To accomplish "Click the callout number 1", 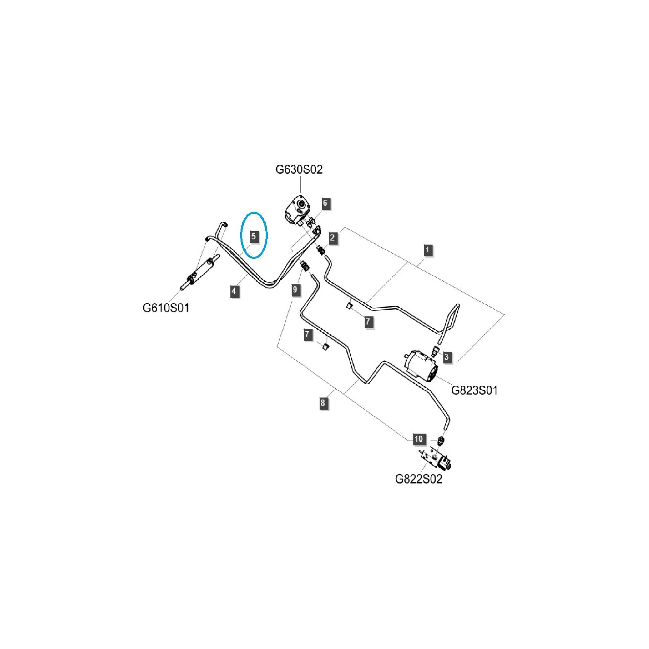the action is pos(427,250).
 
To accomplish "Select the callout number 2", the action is pos(332,237).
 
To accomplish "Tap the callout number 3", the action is pos(446,357).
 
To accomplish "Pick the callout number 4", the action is pos(234,291).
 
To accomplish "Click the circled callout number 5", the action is pos(254,236).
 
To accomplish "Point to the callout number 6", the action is pos(325,203).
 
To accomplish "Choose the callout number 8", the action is pos(322,403).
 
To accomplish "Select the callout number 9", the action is pos(295,290).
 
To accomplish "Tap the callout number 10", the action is pos(419,438).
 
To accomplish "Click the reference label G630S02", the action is pos(299,170).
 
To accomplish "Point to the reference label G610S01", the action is pos(166,308).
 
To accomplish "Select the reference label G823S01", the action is pos(474,390).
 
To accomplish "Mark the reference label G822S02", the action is pos(419,479).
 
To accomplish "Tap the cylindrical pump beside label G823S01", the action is pos(422,366).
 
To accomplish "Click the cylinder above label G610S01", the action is pos(200,273).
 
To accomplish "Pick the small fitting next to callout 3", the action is pos(435,350).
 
